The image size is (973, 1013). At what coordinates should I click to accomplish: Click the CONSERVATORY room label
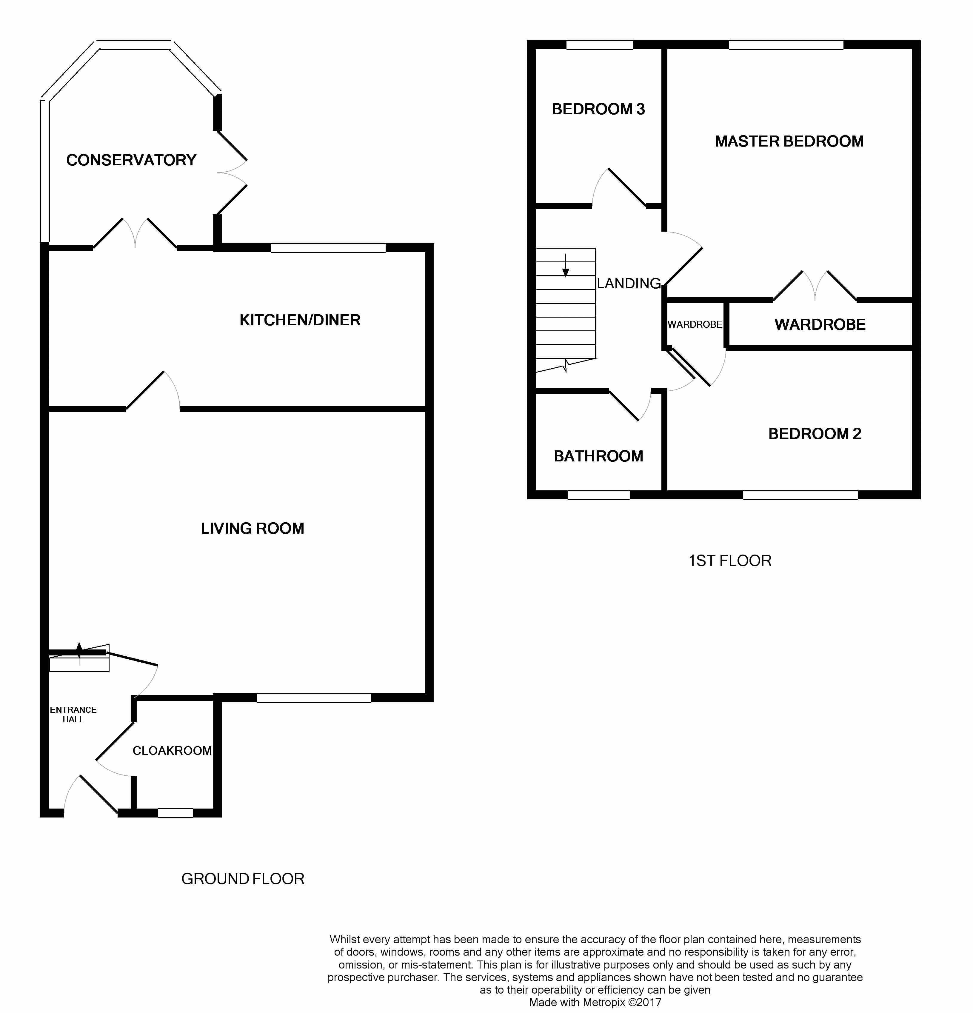click(131, 160)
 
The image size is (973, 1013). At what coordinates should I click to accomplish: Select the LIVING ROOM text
click(252, 528)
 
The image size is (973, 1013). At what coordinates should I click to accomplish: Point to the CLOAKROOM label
click(172, 750)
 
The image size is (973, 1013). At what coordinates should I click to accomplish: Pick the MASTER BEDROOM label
click(789, 141)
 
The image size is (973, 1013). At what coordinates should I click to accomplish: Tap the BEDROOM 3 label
click(598, 109)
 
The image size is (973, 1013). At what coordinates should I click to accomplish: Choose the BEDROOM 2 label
click(814, 434)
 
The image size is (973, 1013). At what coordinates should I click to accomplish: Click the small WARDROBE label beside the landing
click(695, 324)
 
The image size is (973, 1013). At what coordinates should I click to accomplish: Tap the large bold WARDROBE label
click(820, 324)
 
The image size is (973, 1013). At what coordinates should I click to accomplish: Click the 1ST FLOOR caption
click(730, 561)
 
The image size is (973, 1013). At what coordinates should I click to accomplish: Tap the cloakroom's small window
click(175, 813)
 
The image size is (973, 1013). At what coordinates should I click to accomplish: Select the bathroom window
click(598, 495)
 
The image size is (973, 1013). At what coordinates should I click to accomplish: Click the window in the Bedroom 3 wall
click(599, 45)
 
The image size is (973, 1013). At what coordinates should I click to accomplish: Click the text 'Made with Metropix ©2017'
click(595, 1002)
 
